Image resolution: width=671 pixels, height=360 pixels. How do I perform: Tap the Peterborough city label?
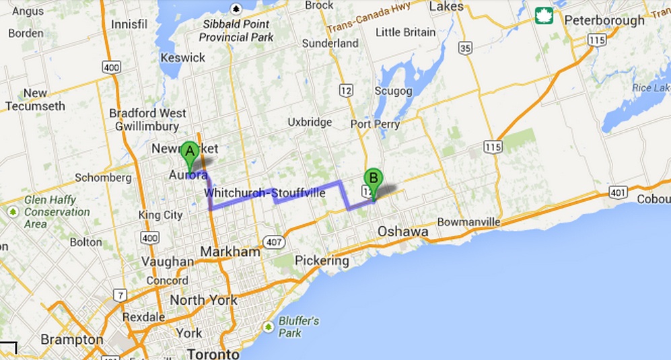click(604, 21)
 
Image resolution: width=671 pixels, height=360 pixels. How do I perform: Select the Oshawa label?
click(402, 231)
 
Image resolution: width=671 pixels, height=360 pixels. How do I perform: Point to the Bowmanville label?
click(468, 222)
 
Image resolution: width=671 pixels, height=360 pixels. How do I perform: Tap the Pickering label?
click(322, 260)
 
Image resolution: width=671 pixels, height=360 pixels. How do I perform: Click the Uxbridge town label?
click(310, 122)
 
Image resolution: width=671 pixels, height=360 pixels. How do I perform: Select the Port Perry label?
click(375, 124)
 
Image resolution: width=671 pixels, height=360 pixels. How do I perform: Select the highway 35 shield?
click(465, 47)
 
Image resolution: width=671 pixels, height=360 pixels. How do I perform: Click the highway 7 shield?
click(119, 295)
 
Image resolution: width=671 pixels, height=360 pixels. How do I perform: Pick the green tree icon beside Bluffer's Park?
click(269, 327)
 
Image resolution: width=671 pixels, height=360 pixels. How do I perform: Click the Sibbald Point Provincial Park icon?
click(236, 8)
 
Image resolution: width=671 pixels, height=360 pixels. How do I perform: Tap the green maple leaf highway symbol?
click(544, 15)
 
